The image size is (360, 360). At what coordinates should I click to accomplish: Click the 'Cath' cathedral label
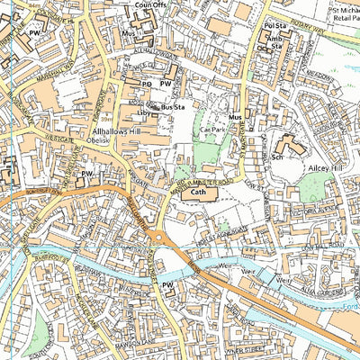point(199,191)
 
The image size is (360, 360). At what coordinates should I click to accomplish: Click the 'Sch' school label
point(278,154)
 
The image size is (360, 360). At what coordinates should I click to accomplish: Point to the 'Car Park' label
point(211,130)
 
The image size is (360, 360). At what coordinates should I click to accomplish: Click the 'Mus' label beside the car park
point(236,118)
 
